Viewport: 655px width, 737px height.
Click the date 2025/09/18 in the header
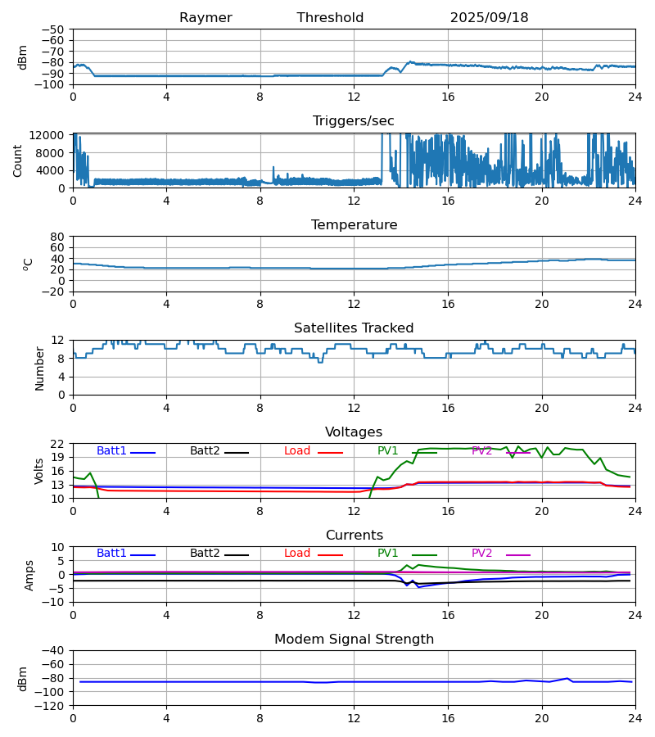point(489,18)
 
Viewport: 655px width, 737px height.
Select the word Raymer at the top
point(206,18)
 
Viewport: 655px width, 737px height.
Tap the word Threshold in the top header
point(330,18)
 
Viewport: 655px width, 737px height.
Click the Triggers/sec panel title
point(354,121)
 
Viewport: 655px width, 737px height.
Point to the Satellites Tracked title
point(354,328)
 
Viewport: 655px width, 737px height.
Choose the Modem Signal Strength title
point(354,640)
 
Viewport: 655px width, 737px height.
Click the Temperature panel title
point(354,225)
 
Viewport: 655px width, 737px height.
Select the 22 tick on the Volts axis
point(59,444)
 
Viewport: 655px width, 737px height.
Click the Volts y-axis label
point(39,471)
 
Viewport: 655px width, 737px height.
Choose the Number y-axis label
point(39,368)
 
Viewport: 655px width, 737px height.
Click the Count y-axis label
point(18,161)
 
